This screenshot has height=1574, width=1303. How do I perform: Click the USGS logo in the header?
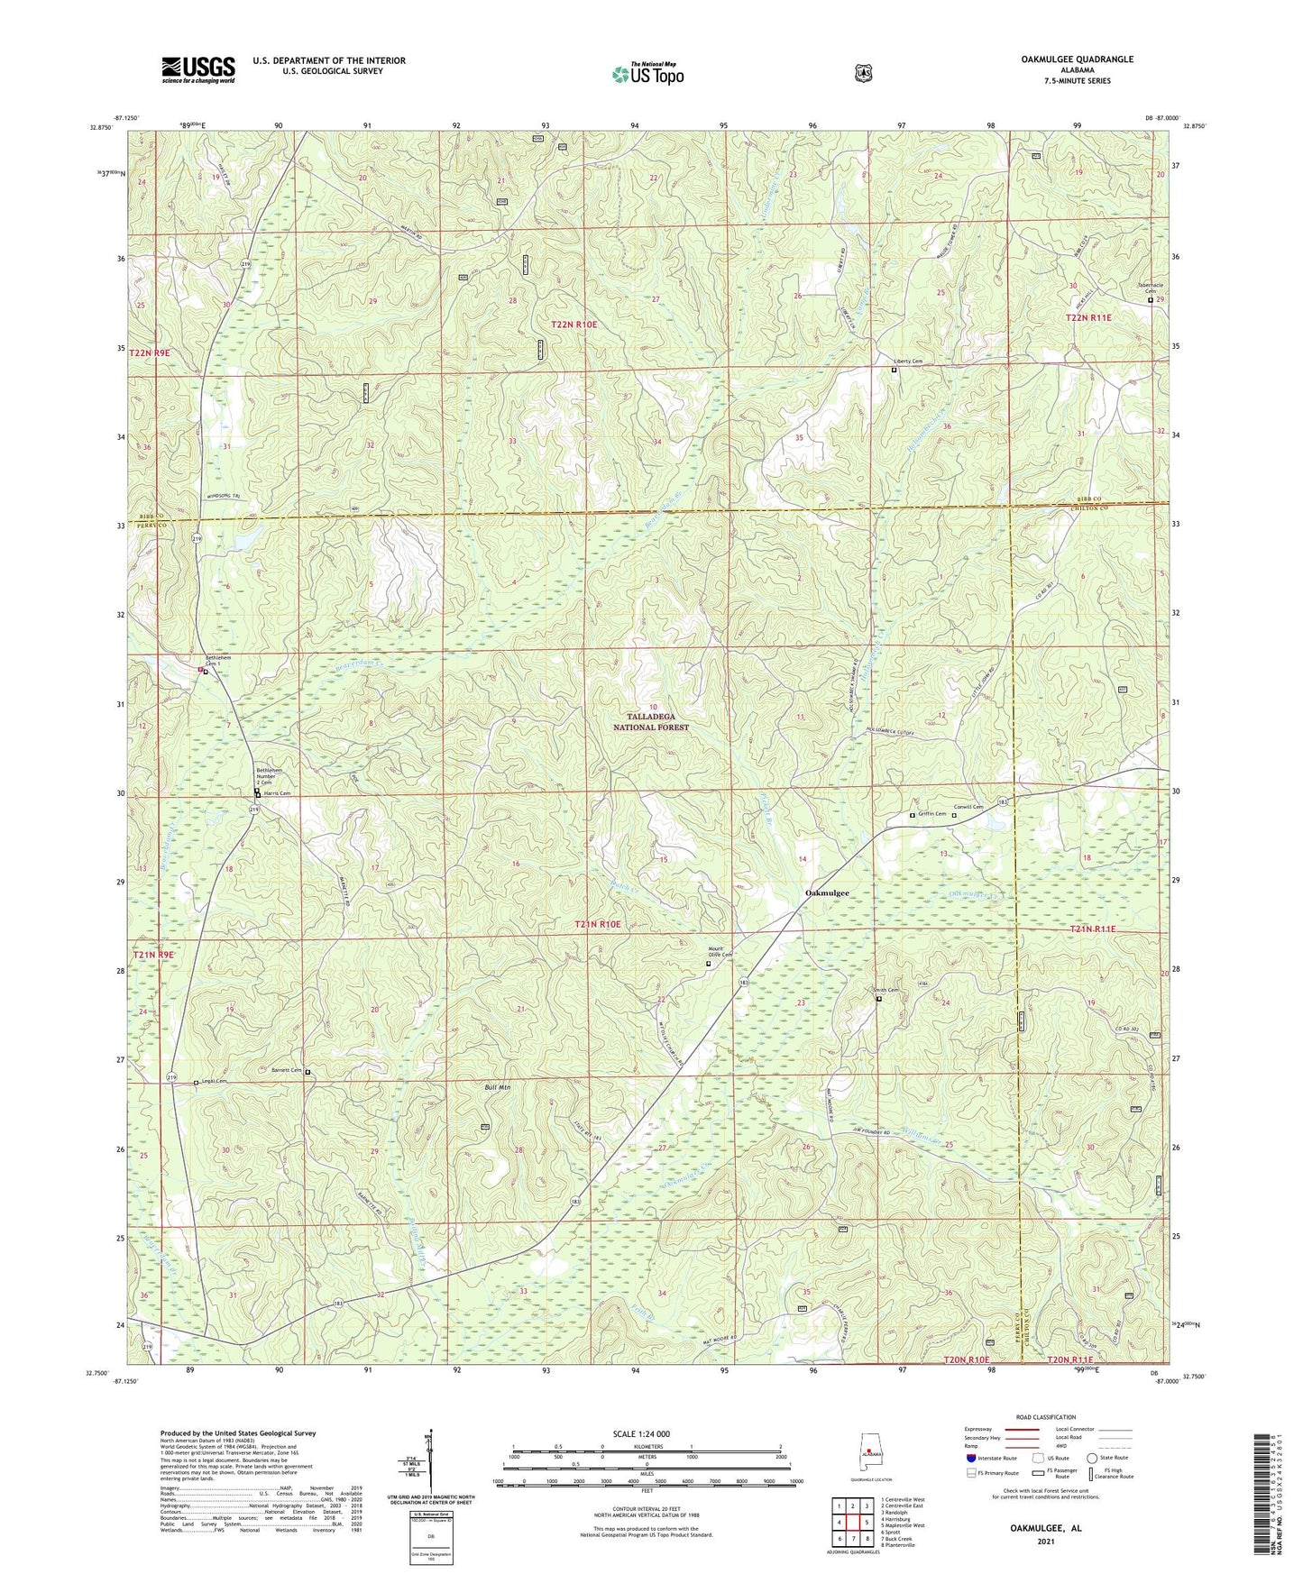(x=198, y=69)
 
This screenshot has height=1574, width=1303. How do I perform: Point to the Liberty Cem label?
(x=907, y=361)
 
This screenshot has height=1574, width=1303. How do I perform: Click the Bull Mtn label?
(x=497, y=1087)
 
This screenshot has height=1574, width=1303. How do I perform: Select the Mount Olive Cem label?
(x=720, y=954)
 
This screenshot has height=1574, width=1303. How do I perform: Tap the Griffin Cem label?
(x=931, y=814)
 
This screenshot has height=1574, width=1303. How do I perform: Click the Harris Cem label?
(x=277, y=793)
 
